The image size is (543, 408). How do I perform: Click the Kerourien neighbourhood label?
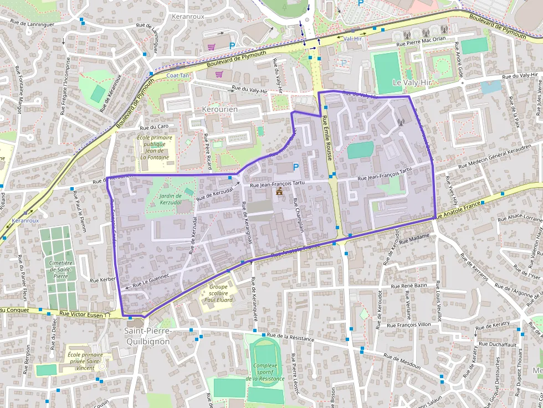pyautogui.click(x=220, y=109)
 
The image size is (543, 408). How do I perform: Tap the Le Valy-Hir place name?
pyautogui.click(x=411, y=82)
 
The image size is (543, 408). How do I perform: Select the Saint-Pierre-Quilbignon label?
pyautogui.click(x=148, y=336)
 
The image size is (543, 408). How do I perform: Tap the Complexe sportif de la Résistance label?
pyautogui.click(x=268, y=371)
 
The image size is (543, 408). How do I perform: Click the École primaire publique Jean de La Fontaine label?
pyautogui.click(x=155, y=147)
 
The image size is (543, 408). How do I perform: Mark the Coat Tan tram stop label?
pyautogui.click(x=177, y=75)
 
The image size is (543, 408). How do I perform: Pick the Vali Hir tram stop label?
pyautogui.click(x=352, y=38)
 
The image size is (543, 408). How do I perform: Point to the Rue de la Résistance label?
pyautogui.click(x=290, y=338)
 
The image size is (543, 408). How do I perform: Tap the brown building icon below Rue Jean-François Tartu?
pyautogui.click(x=280, y=192)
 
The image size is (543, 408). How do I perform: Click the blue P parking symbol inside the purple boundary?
pyautogui.click(x=295, y=167)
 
